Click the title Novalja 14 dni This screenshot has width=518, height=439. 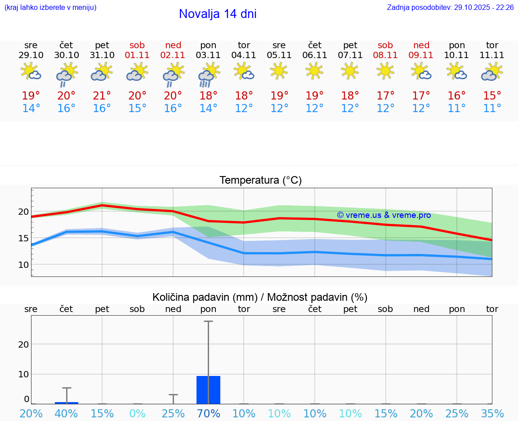tap(218, 14)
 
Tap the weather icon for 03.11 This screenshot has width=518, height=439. tap(209, 74)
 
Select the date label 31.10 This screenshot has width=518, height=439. tap(102, 55)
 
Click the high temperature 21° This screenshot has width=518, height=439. tap(102, 96)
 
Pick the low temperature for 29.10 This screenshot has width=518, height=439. tap(31, 109)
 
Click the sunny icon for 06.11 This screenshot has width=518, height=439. tap(315, 70)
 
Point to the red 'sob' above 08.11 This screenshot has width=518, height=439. tap(385, 45)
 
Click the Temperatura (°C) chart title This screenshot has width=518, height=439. tap(260, 181)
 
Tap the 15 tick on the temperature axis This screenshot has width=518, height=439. tap(23, 238)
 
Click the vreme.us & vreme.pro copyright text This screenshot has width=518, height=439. tap(384, 215)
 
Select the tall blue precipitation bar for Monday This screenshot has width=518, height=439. tap(209, 389)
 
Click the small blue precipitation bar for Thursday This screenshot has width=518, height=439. tap(67, 403)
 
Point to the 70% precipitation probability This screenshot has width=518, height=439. tap(209, 413)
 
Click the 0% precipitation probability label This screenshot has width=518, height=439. tap(138, 413)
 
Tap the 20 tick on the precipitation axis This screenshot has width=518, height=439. tap(23, 344)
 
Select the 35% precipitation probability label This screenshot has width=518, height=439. tap(492, 413)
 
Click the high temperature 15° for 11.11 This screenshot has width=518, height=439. tap(492, 96)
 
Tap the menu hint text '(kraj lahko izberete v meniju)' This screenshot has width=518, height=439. tap(50, 8)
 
